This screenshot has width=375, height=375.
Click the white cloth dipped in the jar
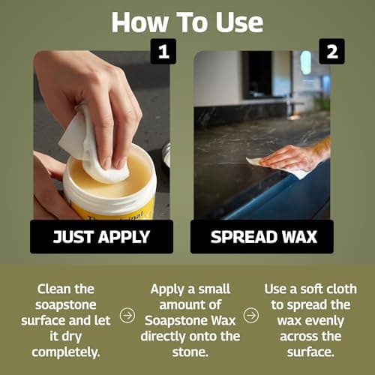pyautogui.click(x=94, y=146)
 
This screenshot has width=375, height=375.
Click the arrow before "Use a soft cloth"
pyautogui.click(x=250, y=316)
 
